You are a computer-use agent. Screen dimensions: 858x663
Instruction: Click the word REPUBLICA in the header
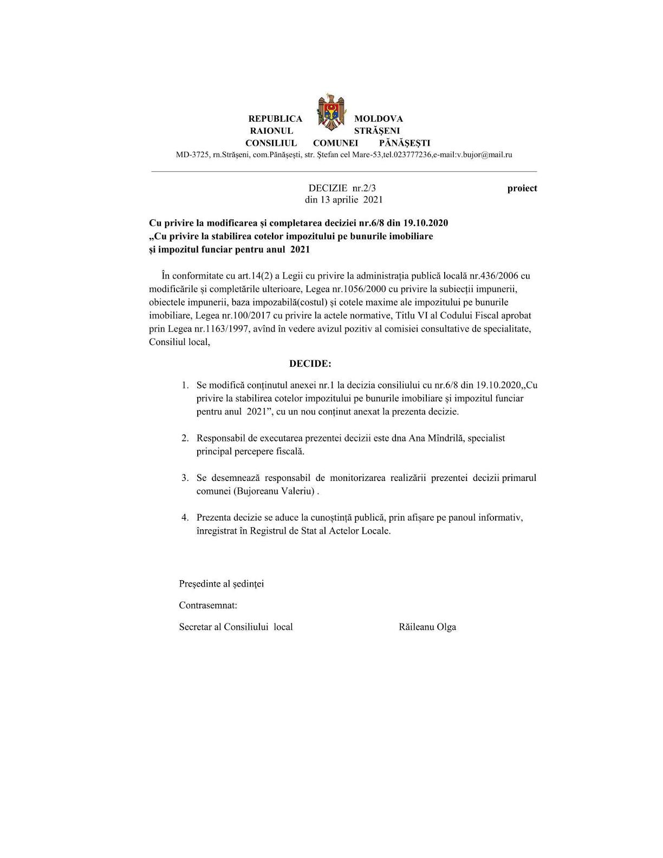pyautogui.click(x=275, y=119)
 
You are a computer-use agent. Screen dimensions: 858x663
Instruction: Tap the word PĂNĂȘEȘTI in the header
pyautogui.click(x=405, y=143)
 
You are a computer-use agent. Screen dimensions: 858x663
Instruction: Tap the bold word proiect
pyautogui.click(x=522, y=188)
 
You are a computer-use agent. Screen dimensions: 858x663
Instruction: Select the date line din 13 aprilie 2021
pyautogui.click(x=344, y=199)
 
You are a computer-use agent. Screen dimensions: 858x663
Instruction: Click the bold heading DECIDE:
pyautogui.click(x=310, y=363)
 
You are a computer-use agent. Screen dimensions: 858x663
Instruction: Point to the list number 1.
pyautogui.click(x=185, y=385)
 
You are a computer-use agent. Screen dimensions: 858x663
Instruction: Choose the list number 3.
pyautogui.click(x=185, y=478)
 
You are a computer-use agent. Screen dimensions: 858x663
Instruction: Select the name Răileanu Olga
pyautogui.click(x=427, y=627)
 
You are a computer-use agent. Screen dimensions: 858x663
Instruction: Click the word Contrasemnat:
pyautogui.click(x=208, y=605)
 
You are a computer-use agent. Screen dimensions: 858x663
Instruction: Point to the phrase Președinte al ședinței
pyautogui.click(x=222, y=584)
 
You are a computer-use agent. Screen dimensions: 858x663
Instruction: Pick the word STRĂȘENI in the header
pyautogui.click(x=377, y=131)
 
